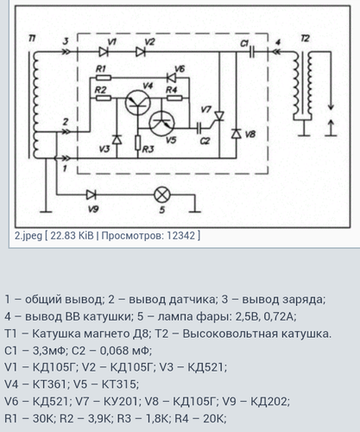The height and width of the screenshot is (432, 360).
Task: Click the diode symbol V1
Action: [x=104, y=52]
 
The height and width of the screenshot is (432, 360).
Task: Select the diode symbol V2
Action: [x=141, y=52]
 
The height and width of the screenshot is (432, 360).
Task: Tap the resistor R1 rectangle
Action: [x=104, y=78]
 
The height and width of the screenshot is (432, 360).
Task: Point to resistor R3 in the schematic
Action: [x=138, y=143]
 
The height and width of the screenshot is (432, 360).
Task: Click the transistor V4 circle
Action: [x=138, y=103]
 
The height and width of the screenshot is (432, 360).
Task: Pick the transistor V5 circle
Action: [x=162, y=123]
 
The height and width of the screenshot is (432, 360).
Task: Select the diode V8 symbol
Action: [x=237, y=134]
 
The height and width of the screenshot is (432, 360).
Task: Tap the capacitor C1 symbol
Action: [x=252, y=52]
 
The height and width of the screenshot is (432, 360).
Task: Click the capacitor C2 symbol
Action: [x=199, y=128]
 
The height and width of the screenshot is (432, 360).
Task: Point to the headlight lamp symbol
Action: [x=162, y=195]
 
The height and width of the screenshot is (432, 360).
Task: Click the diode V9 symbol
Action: [x=92, y=195]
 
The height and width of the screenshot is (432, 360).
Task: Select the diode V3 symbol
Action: [x=117, y=139]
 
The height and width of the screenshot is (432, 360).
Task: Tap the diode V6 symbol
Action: [x=172, y=78]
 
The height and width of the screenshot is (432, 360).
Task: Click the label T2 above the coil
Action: [x=305, y=38]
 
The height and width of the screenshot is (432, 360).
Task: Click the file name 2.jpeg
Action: [x=28, y=236]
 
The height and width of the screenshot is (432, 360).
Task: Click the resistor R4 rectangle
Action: [x=174, y=98]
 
